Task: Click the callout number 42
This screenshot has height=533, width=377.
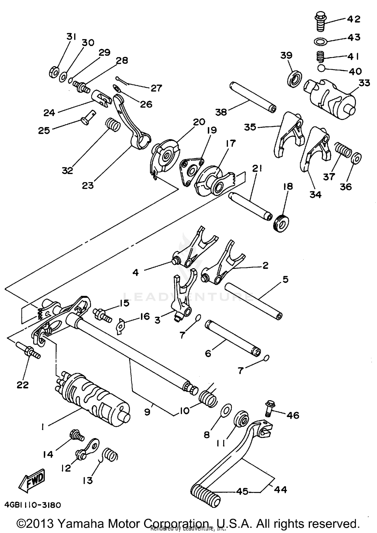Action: click(354, 19)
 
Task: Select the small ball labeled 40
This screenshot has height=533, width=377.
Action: click(321, 68)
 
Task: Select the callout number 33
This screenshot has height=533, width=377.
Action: click(364, 83)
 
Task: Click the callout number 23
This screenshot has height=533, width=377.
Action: click(88, 185)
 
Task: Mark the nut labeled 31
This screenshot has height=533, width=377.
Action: click(54, 73)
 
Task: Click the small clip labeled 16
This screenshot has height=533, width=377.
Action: click(121, 326)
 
